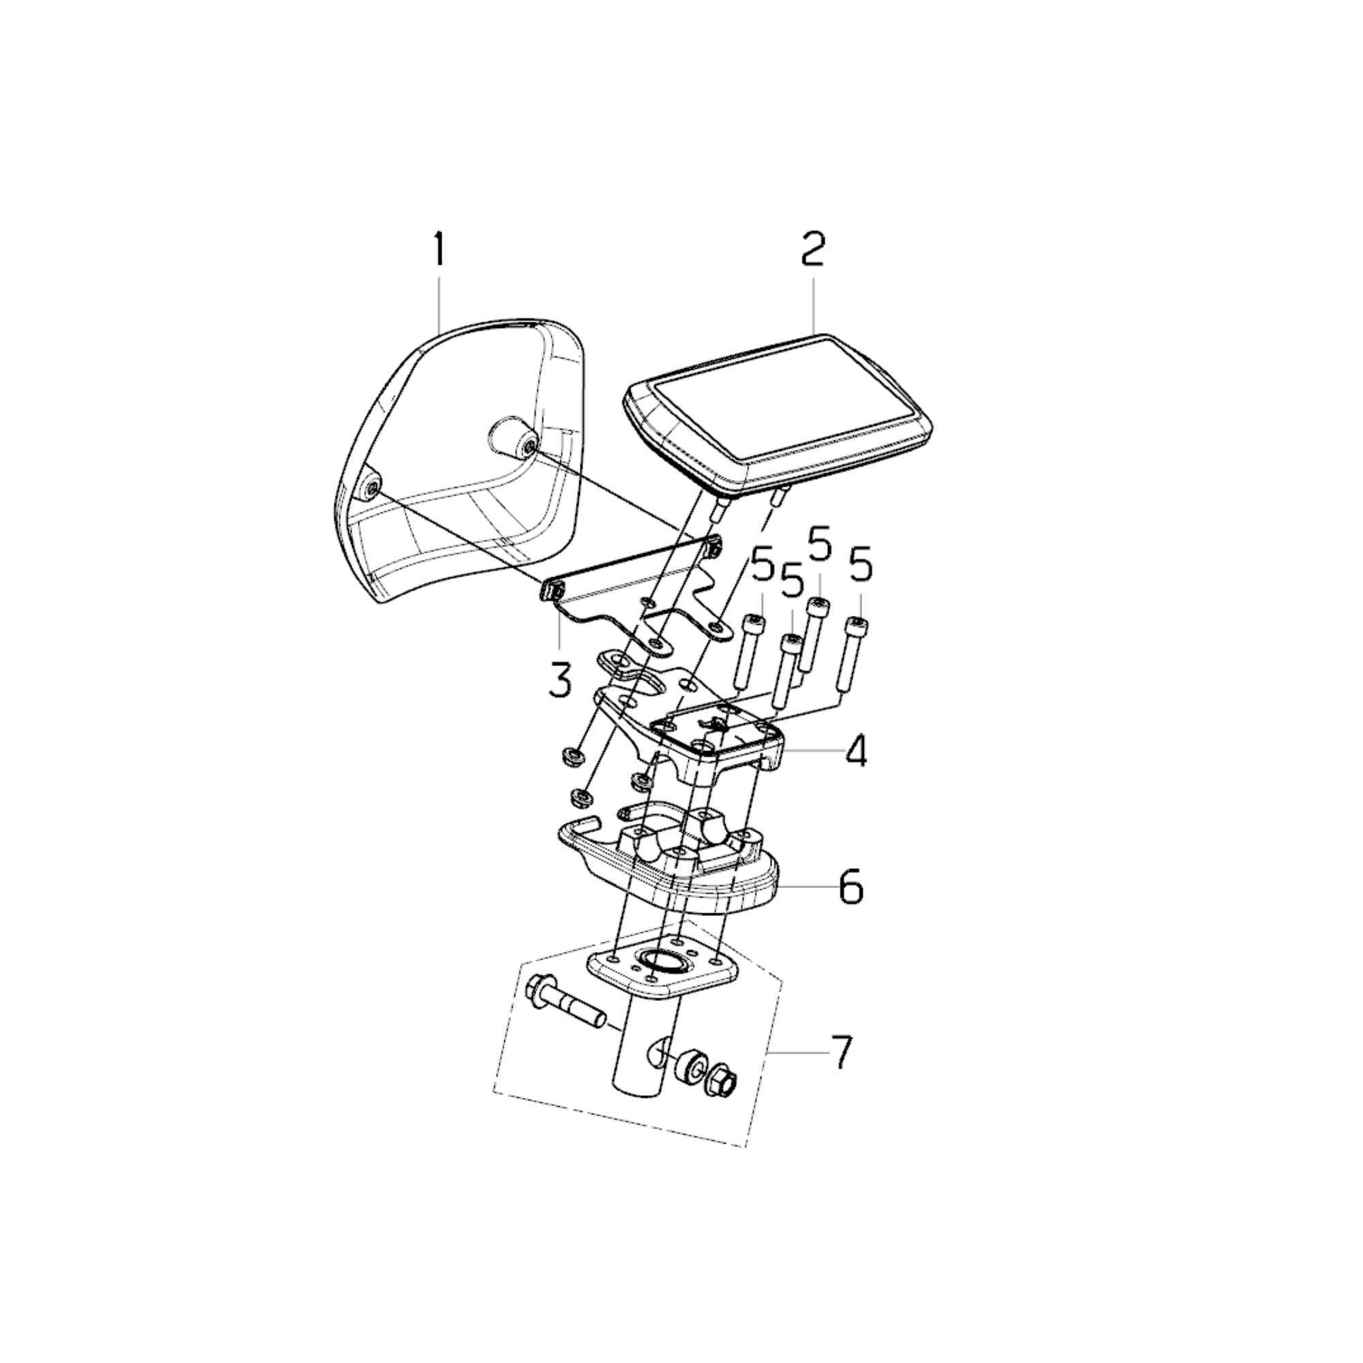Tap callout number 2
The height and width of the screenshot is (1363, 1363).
pos(813,249)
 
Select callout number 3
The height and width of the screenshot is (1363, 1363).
pos(560,681)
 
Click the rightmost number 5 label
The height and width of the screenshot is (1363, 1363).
pos(861,568)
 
